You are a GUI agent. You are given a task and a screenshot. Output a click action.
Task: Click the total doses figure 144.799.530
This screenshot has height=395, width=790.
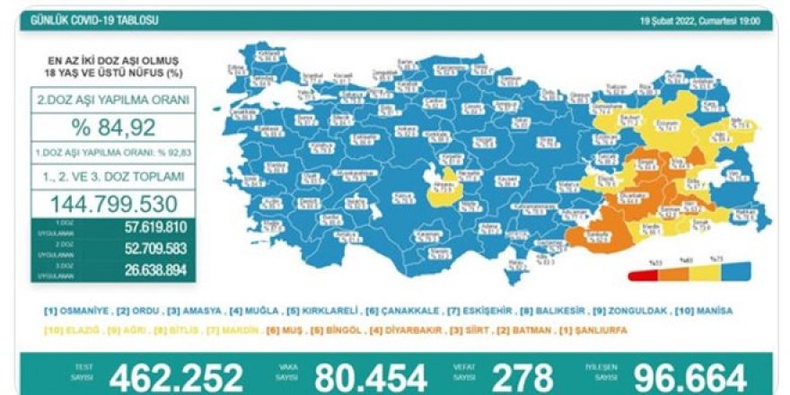point(114,204)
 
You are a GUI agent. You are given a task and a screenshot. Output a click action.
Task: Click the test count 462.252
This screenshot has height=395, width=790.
point(176,376)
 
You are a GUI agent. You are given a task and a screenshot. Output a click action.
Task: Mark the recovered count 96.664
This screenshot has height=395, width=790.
point(692,376)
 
